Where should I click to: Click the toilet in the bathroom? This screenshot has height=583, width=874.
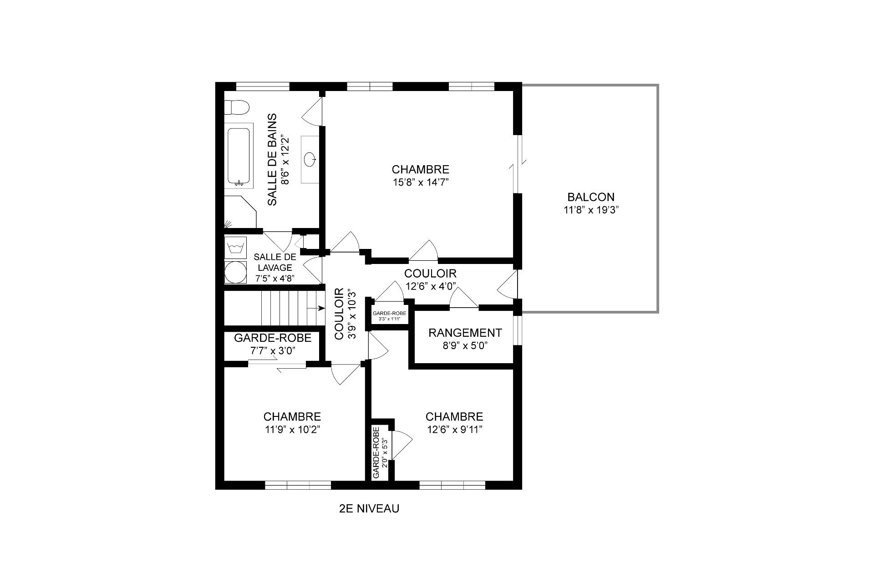tap(237, 107)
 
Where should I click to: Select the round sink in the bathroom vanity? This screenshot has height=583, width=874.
tap(311, 159)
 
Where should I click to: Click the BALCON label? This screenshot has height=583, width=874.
tap(591, 198)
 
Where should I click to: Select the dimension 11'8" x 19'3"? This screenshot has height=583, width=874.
tap(591, 210)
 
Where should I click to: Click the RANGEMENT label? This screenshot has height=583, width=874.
tap(465, 333)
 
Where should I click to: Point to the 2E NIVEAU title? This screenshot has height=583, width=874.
tap(369, 509)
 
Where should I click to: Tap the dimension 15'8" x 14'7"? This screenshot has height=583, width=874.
tap(420, 183)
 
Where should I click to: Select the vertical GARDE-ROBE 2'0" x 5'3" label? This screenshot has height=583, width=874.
tap(380, 453)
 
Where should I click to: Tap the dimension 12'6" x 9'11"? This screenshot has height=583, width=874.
tap(454, 430)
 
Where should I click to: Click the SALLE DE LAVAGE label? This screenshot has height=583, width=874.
tap(274, 263)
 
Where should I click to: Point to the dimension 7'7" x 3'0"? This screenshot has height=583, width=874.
tap(273, 351)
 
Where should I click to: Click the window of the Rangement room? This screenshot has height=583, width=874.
tap(518, 329)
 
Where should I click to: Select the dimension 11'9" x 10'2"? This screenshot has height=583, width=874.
tap(292, 430)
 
